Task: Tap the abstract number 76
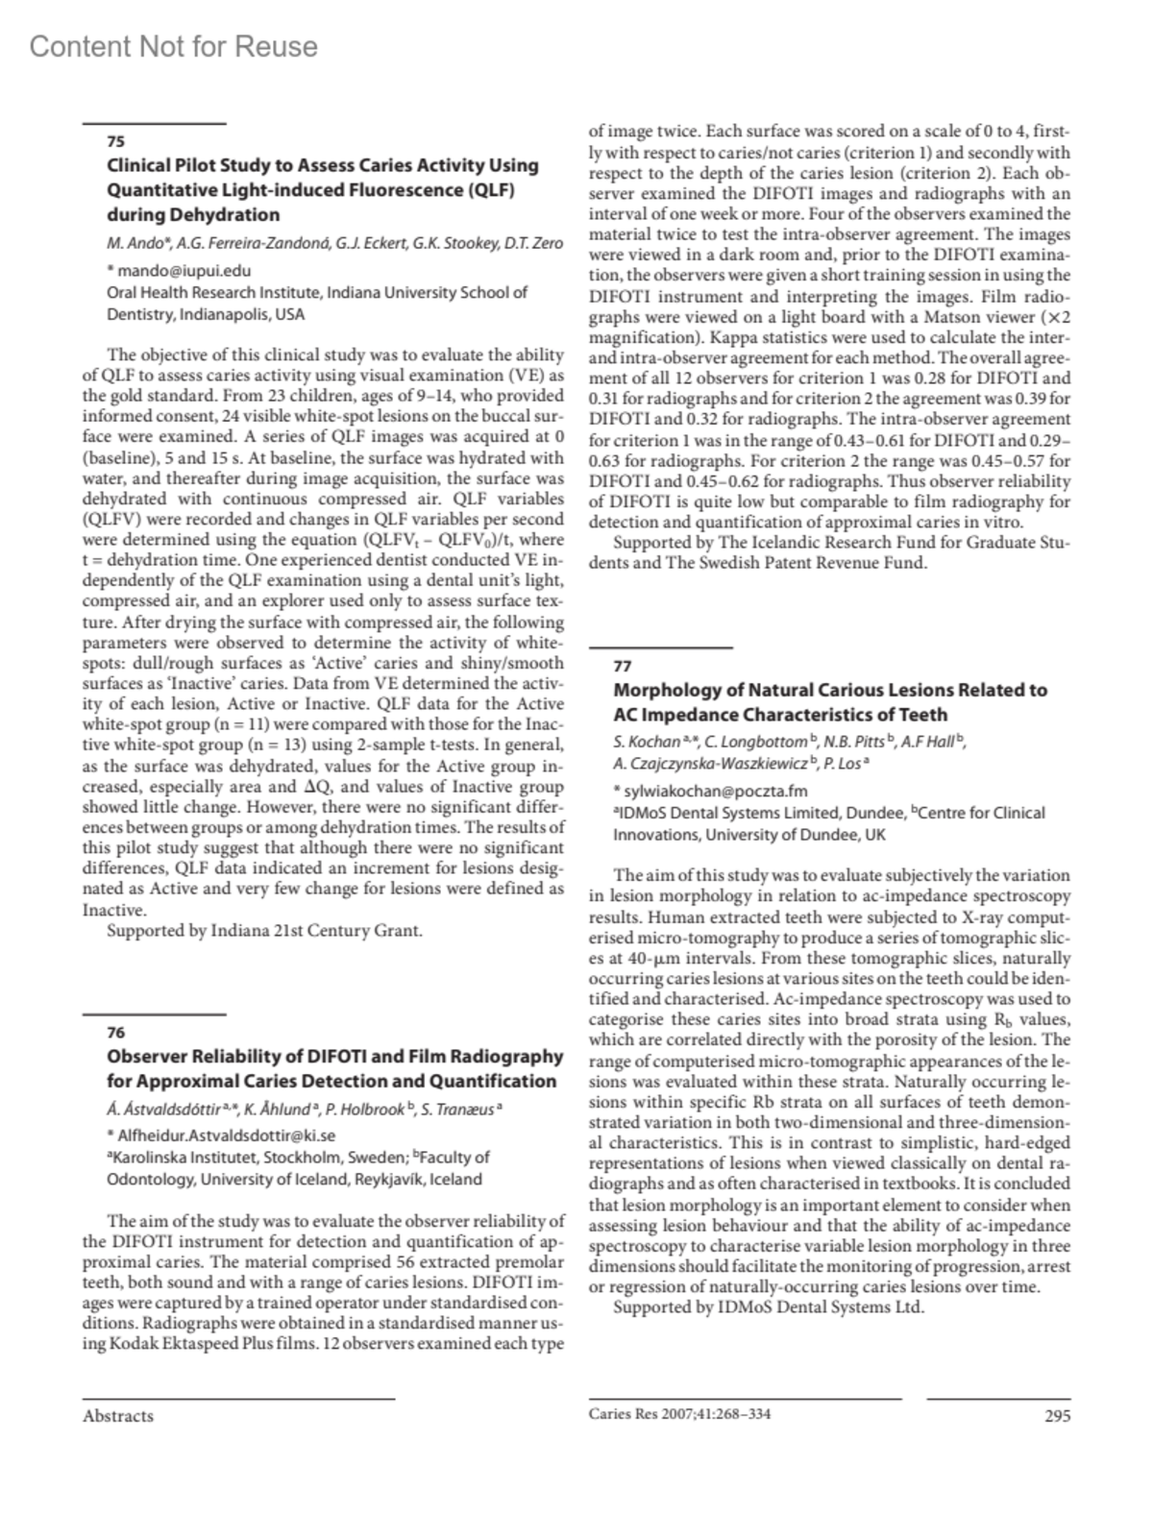click(x=115, y=1033)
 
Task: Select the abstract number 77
click(x=623, y=666)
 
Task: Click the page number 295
click(x=1057, y=1415)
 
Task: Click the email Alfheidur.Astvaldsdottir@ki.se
click(x=227, y=1135)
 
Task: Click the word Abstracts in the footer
click(x=117, y=1416)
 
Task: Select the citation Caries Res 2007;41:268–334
click(x=679, y=1414)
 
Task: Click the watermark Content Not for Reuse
click(x=173, y=47)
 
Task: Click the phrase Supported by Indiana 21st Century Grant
click(x=264, y=930)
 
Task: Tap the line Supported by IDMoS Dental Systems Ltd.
click(x=769, y=1306)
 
